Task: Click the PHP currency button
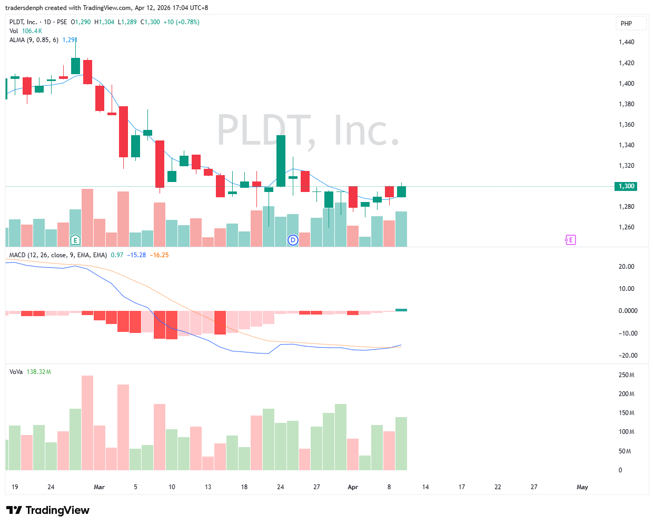626,23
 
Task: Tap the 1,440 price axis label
626,42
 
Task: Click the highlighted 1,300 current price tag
626,186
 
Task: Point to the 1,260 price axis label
626,227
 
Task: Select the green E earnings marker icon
75,240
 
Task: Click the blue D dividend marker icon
293,240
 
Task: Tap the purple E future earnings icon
570,240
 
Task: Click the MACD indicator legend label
58,255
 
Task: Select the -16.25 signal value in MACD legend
159,255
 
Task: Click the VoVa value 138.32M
38,372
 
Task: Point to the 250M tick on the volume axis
626,375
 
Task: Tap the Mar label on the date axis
99,487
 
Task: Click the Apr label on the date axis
353,487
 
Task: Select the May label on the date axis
582,487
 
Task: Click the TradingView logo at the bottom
48,510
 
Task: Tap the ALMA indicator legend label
34,40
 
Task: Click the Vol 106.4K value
32,31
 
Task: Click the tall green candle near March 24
281,160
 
